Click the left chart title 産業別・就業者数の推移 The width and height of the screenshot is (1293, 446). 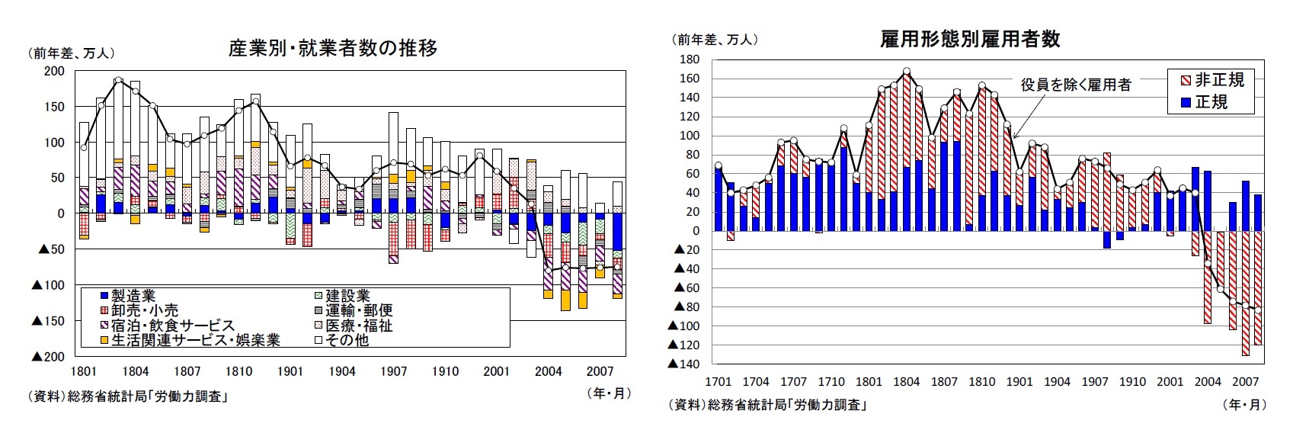(x=333, y=49)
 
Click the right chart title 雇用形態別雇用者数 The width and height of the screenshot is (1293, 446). (x=970, y=40)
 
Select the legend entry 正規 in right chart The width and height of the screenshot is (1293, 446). (x=1211, y=101)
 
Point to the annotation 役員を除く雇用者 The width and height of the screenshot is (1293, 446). (x=1076, y=85)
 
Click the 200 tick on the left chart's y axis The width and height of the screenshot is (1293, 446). (x=55, y=71)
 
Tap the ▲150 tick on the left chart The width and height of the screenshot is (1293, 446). (x=48, y=321)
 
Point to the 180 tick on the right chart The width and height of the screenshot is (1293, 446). (x=688, y=59)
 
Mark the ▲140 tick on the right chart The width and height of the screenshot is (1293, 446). (x=683, y=364)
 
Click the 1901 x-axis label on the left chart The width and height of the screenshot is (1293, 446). (x=290, y=371)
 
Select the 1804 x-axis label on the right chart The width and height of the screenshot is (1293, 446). (x=906, y=381)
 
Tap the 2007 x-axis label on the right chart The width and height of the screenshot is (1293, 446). (x=1245, y=381)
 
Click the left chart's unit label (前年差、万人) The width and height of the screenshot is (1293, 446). (x=72, y=53)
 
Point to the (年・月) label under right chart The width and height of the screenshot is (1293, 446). (x=1243, y=405)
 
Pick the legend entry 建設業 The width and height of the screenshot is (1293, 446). (x=347, y=296)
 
